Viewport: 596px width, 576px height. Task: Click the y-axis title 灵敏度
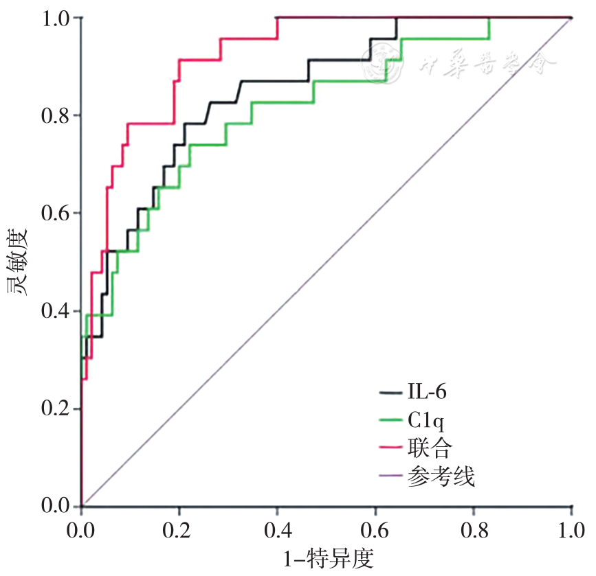[19, 261]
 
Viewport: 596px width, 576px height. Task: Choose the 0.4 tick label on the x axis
[278, 531]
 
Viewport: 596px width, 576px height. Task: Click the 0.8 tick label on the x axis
[474, 531]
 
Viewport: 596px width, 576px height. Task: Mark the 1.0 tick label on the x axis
[571, 531]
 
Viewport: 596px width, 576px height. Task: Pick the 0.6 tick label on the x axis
[375, 531]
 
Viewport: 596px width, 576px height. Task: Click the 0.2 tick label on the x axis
[179, 531]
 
